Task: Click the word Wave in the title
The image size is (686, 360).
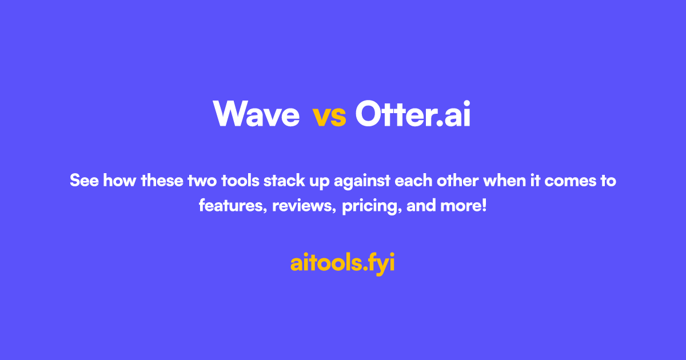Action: (x=257, y=114)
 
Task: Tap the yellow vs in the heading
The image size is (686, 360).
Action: (x=329, y=116)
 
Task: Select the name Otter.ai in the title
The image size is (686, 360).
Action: (x=412, y=114)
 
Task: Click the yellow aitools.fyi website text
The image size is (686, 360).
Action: (x=342, y=263)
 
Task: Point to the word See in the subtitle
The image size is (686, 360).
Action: (x=82, y=181)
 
